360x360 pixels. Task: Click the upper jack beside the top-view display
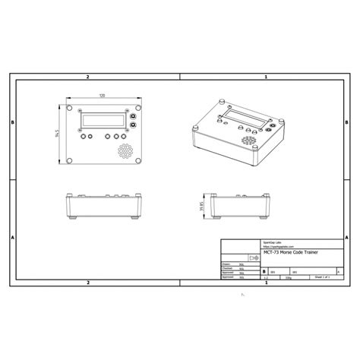[133, 110]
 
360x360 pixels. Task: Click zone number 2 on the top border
[88, 77]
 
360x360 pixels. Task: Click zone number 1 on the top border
[265, 77]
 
